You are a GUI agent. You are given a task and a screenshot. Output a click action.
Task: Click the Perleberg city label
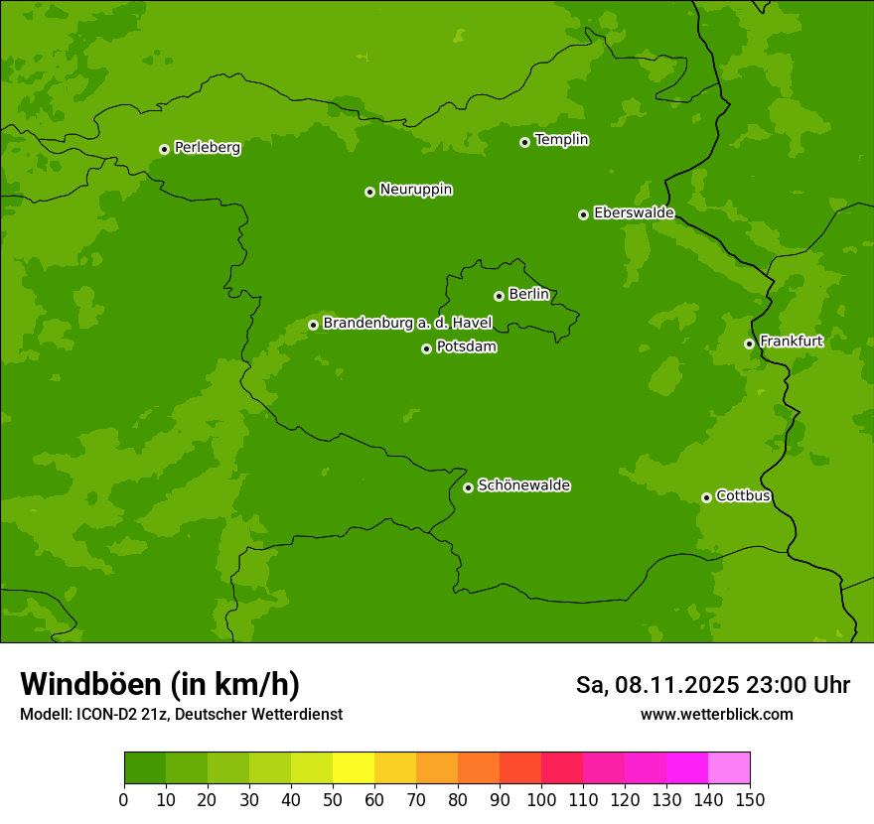tap(207, 148)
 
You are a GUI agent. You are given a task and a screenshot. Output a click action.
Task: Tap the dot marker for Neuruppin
tap(369, 192)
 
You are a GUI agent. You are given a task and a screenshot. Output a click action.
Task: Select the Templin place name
tap(561, 140)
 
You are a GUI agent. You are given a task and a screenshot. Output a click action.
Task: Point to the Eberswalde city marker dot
tap(583, 214)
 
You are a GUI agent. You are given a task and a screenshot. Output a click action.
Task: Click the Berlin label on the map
tap(528, 294)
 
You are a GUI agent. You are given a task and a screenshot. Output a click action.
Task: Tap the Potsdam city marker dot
tap(426, 348)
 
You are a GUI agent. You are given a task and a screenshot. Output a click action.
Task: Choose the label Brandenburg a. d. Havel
tap(407, 323)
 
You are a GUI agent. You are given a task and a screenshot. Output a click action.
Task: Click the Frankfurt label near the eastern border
tap(791, 342)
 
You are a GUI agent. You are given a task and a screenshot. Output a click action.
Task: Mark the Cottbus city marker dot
tap(706, 497)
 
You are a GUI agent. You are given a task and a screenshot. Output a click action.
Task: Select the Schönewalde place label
tap(523, 485)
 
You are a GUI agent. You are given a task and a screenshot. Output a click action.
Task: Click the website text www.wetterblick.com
tap(716, 714)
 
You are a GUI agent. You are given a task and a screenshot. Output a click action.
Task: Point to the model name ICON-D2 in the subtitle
tap(109, 714)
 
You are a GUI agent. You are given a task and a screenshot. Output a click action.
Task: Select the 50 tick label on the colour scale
tap(333, 799)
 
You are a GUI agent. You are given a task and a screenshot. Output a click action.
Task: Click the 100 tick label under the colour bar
tap(541, 799)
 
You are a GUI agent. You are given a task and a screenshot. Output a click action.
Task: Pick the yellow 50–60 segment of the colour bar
tap(354, 768)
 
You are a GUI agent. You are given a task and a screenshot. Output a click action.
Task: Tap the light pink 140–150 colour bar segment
tap(729, 768)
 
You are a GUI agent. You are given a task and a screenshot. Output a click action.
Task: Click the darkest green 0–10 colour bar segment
tap(145, 768)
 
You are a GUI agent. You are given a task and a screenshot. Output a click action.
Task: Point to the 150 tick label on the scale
tap(750, 799)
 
